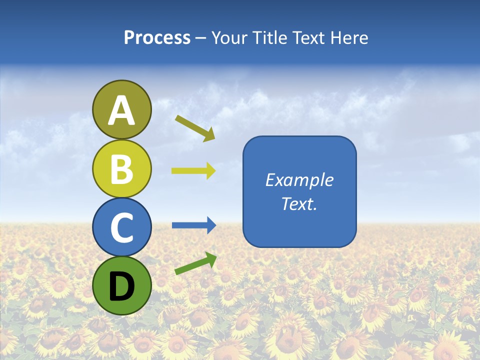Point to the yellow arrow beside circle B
pyautogui.click(x=193, y=171)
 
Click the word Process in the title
pyautogui.click(x=157, y=38)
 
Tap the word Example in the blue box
pyautogui.click(x=299, y=180)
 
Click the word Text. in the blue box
pyautogui.click(x=299, y=203)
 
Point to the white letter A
pyautogui.click(x=121, y=110)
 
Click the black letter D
pyautogui.click(x=121, y=286)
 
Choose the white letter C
pyautogui.click(x=121, y=227)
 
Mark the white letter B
pyautogui.click(x=121, y=168)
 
